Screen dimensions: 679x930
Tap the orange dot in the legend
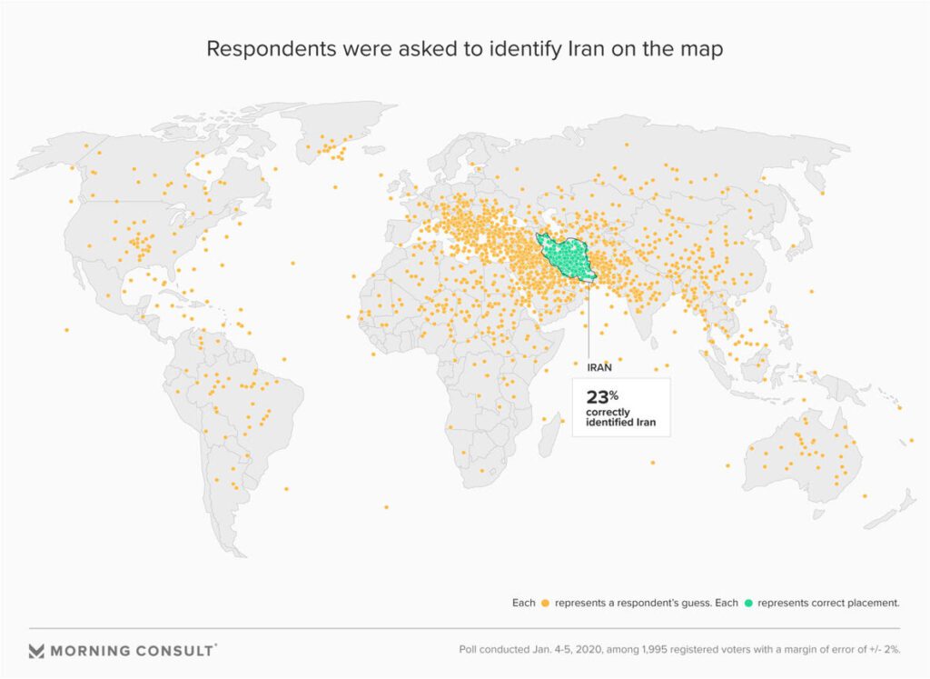[546, 603]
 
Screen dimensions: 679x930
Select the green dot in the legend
[749, 603]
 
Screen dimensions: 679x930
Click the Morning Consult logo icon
[36, 651]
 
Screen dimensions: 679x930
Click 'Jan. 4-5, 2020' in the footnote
[576, 651]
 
